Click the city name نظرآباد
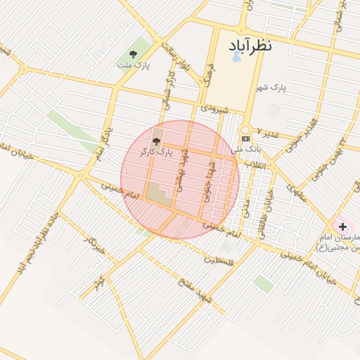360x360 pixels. (259, 46)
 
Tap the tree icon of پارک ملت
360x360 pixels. (133, 54)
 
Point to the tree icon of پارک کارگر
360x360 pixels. (156, 141)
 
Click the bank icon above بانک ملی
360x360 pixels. (245, 139)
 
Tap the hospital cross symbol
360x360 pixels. (342, 226)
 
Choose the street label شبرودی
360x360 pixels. (214, 109)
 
